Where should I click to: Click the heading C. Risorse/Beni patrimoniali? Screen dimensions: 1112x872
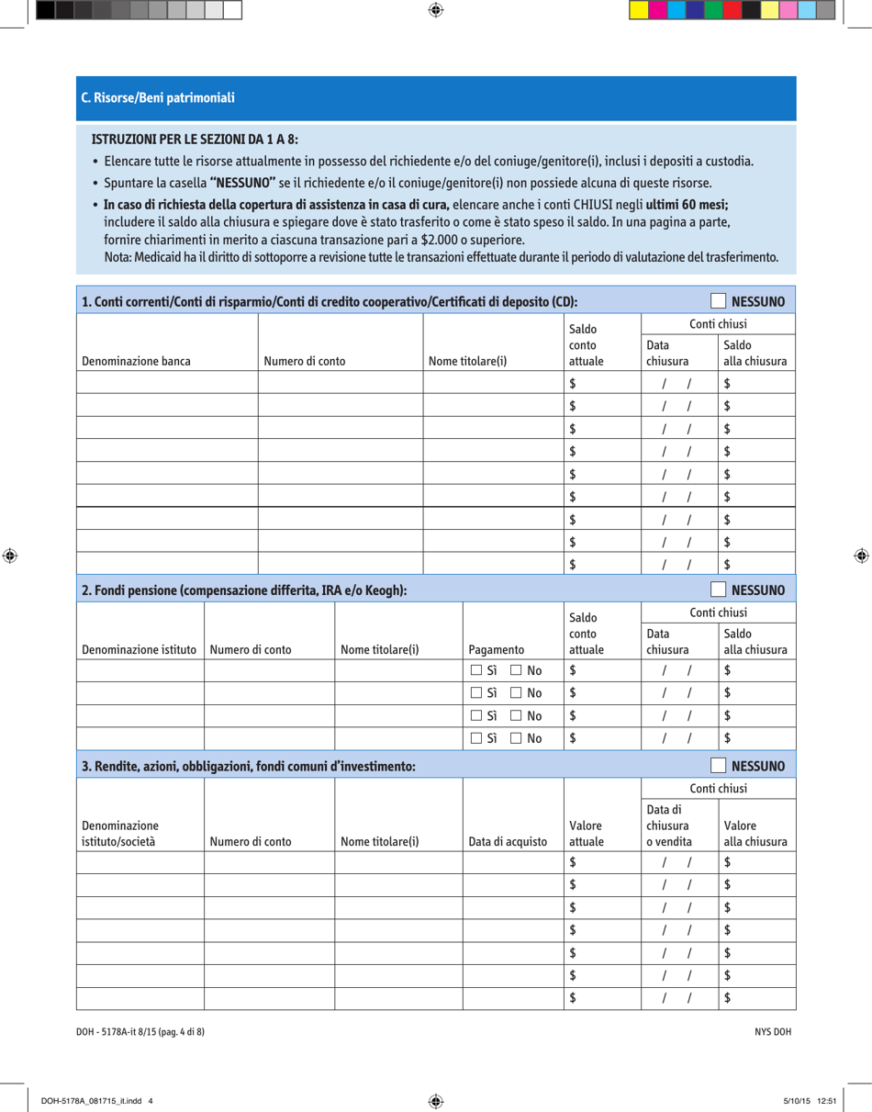[158, 96]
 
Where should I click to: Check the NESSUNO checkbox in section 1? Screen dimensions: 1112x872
[719, 300]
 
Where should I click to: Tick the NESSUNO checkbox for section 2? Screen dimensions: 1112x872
[719, 589]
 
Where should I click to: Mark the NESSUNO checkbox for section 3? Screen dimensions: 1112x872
[719, 764]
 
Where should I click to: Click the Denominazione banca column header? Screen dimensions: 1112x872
[137, 361]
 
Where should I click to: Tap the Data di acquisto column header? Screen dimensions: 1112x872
[508, 841]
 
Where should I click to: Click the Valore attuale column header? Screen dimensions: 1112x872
[587, 834]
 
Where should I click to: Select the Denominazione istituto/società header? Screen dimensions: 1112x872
[119, 834]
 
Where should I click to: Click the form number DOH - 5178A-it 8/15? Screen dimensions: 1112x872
[140, 1031]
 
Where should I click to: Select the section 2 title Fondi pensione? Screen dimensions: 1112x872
[245, 589]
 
